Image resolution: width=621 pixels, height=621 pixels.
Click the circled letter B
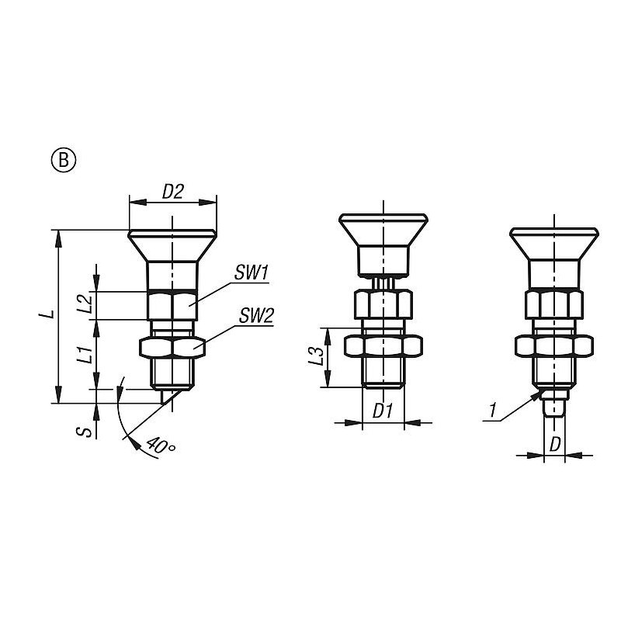pyautogui.click(x=64, y=161)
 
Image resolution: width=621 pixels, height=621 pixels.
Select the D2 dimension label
pyautogui.click(x=173, y=192)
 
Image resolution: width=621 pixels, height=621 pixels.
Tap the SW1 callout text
pyautogui.click(x=252, y=273)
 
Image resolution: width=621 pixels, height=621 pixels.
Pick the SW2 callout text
pyautogui.click(x=256, y=316)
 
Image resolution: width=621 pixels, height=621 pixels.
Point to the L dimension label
pyautogui.click(x=47, y=315)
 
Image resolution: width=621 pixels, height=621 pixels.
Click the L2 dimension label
pyautogui.click(x=85, y=304)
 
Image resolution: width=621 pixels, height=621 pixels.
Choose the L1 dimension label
pyautogui.click(x=85, y=354)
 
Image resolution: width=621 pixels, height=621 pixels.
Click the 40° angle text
pyautogui.click(x=161, y=446)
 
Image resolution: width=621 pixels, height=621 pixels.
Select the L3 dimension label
pyautogui.click(x=316, y=356)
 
